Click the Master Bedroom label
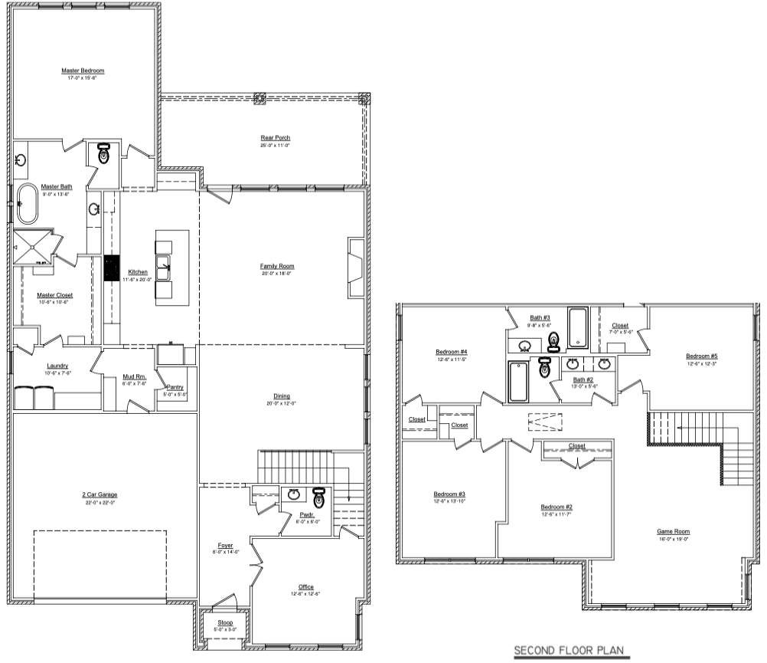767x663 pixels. pos(83,71)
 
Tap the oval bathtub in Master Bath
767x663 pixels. pos(28,204)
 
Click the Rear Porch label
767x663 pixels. pos(276,138)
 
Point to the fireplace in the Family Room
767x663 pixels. pos(356,266)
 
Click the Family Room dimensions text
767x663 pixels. pos(277,273)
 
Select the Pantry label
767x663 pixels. pos(175,388)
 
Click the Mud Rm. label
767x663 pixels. pos(134,376)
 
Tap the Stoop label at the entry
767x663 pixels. pos(225,623)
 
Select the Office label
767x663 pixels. pos(306,587)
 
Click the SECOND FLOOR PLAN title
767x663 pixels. pos(568,651)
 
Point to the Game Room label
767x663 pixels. pos(674,531)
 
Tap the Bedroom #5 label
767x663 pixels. pos(701,356)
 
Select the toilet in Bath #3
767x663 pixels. pos(554,342)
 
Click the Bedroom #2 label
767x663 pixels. pos(557,507)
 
